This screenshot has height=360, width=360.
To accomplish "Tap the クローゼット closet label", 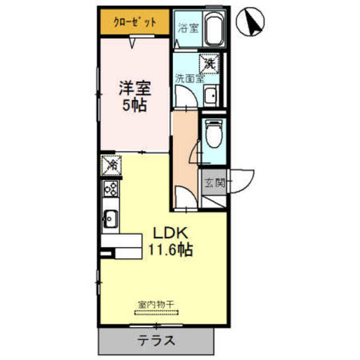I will pos(134,22).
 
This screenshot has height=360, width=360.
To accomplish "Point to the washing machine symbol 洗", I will pos(209,63).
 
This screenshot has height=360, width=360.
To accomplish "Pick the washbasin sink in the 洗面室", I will pos(211,97).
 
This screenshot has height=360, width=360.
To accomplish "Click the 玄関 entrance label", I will pos(214,182).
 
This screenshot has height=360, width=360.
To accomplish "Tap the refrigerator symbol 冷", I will pos(110,165).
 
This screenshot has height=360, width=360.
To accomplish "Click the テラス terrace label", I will pos(156,340).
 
